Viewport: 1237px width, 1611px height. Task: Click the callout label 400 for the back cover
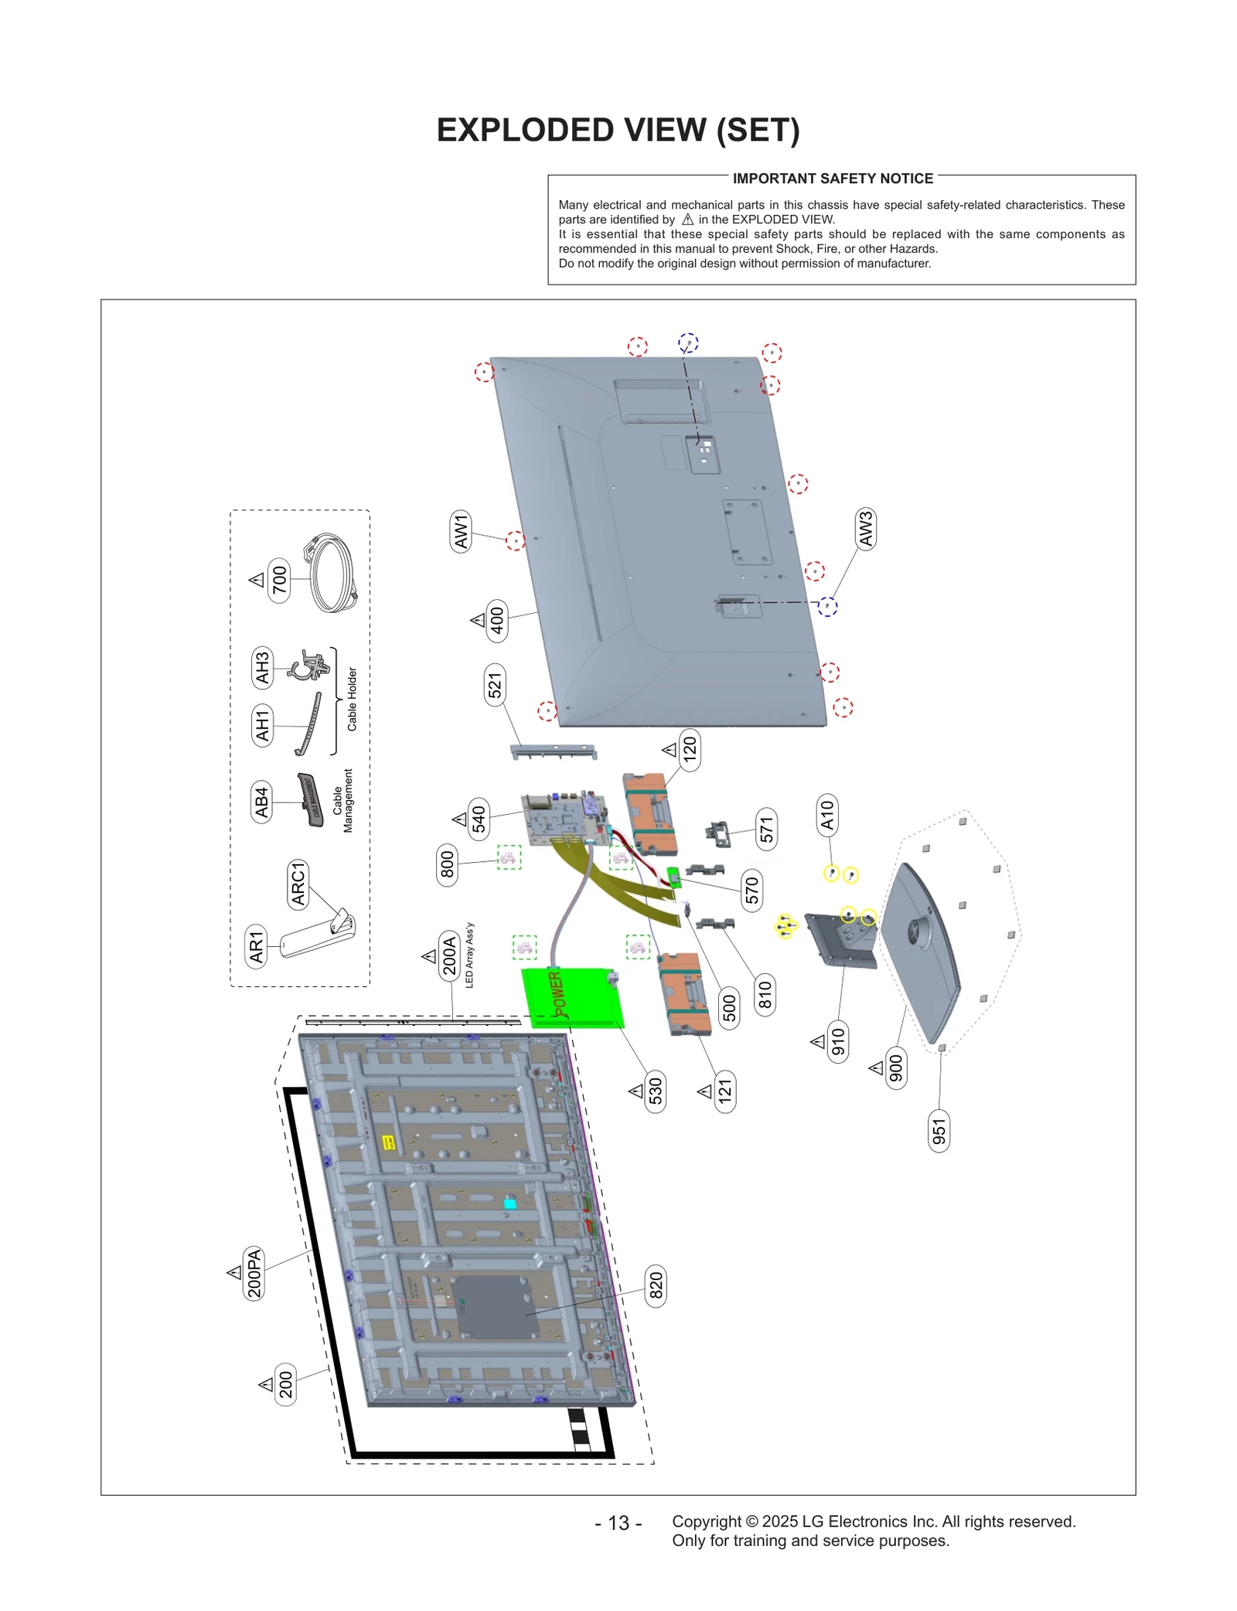(x=497, y=620)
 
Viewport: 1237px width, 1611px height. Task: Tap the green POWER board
(x=572, y=998)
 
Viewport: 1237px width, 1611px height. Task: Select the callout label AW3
(x=865, y=529)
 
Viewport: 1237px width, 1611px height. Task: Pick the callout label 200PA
(x=254, y=1272)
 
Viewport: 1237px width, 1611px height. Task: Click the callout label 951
(x=939, y=1131)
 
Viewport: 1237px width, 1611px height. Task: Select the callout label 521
(x=495, y=685)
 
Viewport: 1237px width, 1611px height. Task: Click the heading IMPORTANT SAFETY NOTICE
(x=833, y=179)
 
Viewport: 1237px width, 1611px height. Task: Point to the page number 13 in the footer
(x=618, y=1523)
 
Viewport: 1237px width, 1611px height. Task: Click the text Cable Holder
(x=352, y=699)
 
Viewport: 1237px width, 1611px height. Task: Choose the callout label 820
(x=656, y=1286)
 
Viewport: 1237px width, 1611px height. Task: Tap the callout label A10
(x=827, y=815)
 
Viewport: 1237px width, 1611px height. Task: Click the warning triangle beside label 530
(x=636, y=1091)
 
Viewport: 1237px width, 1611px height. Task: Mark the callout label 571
(x=766, y=829)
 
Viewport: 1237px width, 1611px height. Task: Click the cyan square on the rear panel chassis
(x=509, y=1204)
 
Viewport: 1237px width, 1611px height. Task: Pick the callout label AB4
(x=262, y=802)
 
